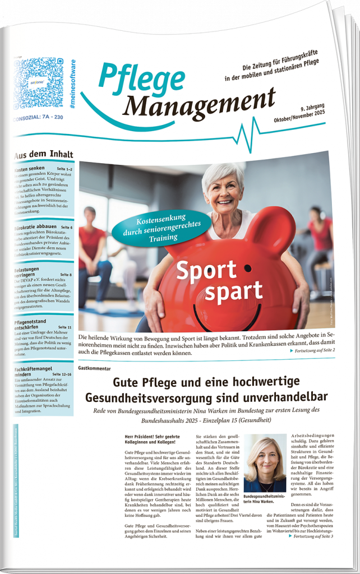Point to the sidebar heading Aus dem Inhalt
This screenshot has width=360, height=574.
tap(43, 155)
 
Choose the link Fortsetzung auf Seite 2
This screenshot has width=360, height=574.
tap(313, 350)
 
